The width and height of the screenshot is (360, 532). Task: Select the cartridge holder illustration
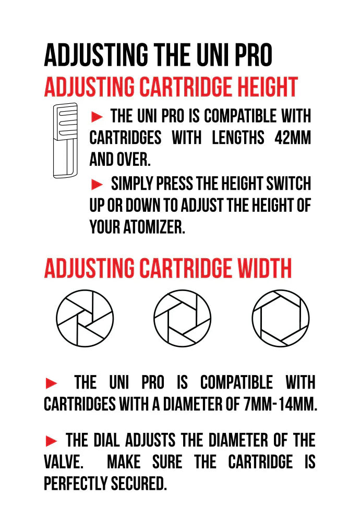click(65, 140)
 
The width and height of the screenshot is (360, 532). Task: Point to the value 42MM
click(293, 138)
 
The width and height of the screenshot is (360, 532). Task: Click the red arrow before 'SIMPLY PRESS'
click(97, 184)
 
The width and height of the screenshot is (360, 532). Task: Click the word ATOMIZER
click(154, 227)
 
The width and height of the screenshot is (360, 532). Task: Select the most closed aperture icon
click(85, 318)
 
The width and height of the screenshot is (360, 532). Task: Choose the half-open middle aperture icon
click(182, 318)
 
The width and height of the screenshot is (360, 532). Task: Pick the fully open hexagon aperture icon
click(281, 318)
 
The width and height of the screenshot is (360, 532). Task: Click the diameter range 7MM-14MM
click(280, 404)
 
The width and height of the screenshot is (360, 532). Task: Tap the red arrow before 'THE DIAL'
click(51, 441)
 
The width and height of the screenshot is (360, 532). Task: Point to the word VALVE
click(64, 462)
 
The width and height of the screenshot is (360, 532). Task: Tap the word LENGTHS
click(238, 138)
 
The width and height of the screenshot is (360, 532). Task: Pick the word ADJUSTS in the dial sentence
click(150, 440)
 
